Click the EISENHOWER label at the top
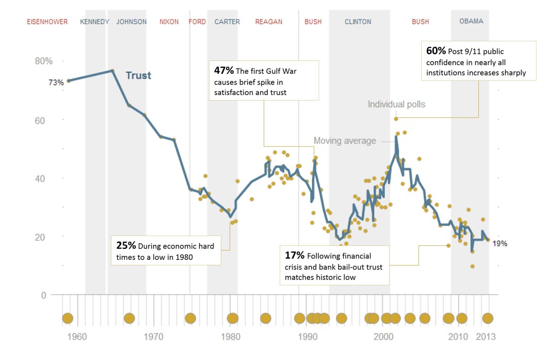pyautogui.click(x=47, y=22)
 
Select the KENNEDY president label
pyautogui.click(x=94, y=22)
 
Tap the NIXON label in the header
pyautogui.click(x=169, y=22)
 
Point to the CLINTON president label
pyautogui.click(x=358, y=22)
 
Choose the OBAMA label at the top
pyautogui.click(x=471, y=22)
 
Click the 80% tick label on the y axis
pyautogui.click(x=44, y=61)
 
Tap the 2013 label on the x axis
pyautogui.click(x=485, y=337)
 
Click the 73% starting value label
pyautogui.click(x=56, y=82)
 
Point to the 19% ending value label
pyautogui.click(x=500, y=244)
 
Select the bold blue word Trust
pyautogui.click(x=138, y=75)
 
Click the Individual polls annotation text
pyautogui.click(x=396, y=104)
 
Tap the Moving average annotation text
pyautogui.click(x=345, y=140)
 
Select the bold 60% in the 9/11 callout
pyautogui.click(x=435, y=51)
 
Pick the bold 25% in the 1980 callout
pyautogui.click(x=125, y=245)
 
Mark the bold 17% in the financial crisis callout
pyautogui.click(x=295, y=255)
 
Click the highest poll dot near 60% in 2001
pyautogui.click(x=396, y=119)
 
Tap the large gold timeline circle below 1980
pyautogui.click(x=233, y=318)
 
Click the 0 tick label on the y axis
pyautogui.click(x=44, y=295)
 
